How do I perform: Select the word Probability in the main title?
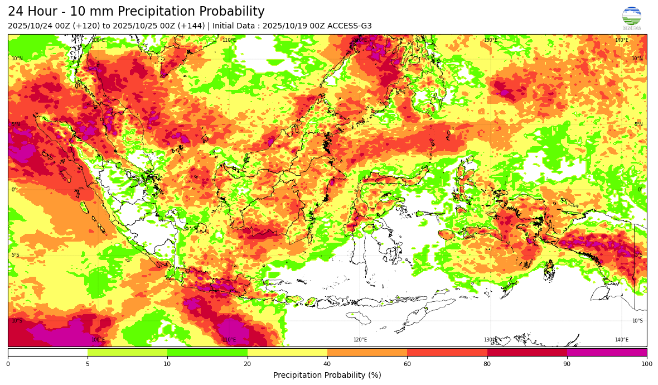coord(232,12)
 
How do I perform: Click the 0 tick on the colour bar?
coord(8,364)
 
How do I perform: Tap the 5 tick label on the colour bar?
coord(88,364)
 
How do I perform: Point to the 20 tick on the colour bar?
coord(248,364)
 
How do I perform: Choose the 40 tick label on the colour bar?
coord(327,364)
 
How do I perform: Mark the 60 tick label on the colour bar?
coord(407,364)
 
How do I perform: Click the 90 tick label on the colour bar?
coord(567,364)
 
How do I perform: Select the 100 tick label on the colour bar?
coord(647,364)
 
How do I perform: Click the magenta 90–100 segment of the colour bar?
coord(607,352)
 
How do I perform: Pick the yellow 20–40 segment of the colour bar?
coord(287,352)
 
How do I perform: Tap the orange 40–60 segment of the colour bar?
coord(367,352)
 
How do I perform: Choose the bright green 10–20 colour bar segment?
coord(207,352)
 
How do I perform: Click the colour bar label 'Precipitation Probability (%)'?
coord(327,375)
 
